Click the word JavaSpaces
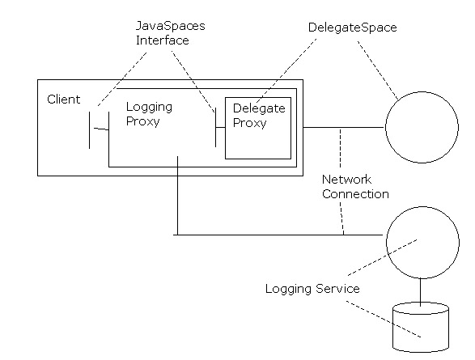(x=170, y=26)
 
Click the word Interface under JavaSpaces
(x=163, y=40)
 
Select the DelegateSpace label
(x=352, y=28)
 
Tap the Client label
(x=64, y=100)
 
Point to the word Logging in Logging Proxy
(x=149, y=108)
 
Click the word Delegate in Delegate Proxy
(x=259, y=108)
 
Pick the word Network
(x=346, y=180)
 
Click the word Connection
(x=355, y=194)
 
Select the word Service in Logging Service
(x=337, y=289)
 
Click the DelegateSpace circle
(x=386, y=127)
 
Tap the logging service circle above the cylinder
(x=387, y=242)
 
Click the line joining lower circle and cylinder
(x=420, y=290)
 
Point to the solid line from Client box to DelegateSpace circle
(x=344, y=128)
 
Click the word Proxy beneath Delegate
(x=249, y=123)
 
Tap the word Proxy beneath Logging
(x=142, y=121)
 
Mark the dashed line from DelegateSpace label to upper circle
(x=378, y=70)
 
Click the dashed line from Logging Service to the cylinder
(x=384, y=319)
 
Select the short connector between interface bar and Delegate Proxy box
(x=220, y=128)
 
